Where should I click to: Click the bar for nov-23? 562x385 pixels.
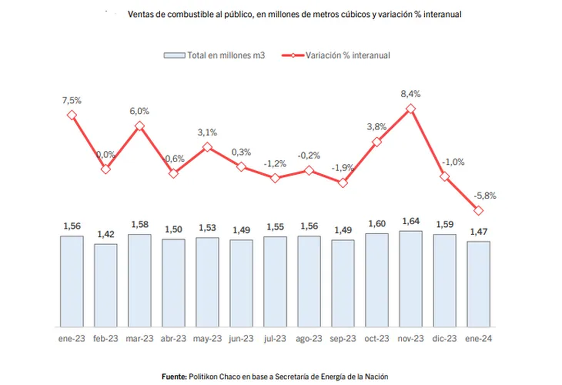pyautogui.click(x=411, y=279)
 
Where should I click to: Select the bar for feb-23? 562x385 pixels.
pyautogui.click(x=106, y=285)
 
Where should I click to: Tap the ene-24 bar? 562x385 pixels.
pyautogui.click(x=478, y=284)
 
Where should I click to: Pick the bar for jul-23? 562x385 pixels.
pyautogui.click(x=275, y=281)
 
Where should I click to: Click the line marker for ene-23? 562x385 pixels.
pyautogui.click(x=72, y=115)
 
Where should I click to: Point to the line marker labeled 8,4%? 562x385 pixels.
pyautogui.click(x=411, y=109)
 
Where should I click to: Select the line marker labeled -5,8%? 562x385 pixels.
pyautogui.click(x=478, y=211)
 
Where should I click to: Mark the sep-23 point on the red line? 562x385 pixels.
pyautogui.click(x=343, y=183)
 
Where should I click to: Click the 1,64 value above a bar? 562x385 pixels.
pyautogui.click(x=411, y=221)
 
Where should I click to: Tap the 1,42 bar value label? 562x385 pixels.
pyautogui.click(x=106, y=234)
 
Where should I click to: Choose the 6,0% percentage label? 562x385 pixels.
pyautogui.click(x=140, y=111)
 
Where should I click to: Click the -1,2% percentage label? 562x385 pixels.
pyautogui.click(x=275, y=163)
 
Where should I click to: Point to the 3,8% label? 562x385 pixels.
pyautogui.click(x=377, y=126)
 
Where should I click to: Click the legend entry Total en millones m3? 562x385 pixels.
pyautogui.click(x=215, y=55)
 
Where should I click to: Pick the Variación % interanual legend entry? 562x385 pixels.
pyautogui.click(x=336, y=55)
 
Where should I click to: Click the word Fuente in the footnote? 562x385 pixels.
pyautogui.click(x=174, y=376)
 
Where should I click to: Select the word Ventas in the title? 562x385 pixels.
pyautogui.click(x=140, y=15)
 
